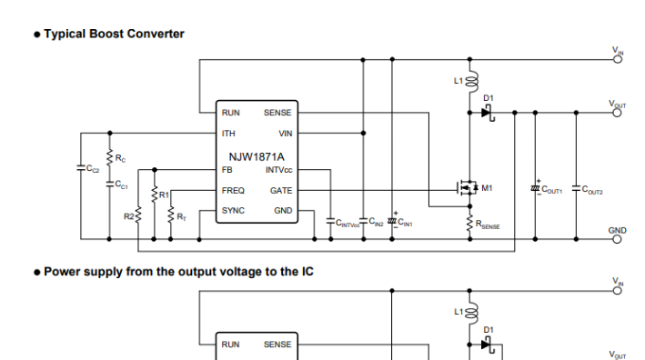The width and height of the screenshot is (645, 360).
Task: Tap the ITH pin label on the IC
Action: [x=229, y=134]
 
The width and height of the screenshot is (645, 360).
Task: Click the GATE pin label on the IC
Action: [x=281, y=191]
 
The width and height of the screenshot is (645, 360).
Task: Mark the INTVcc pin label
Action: [x=278, y=170]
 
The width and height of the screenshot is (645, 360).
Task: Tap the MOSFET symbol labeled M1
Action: [x=469, y=188]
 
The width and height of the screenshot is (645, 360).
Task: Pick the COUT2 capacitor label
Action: [x=592, y=191]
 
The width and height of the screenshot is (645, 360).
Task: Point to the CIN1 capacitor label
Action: [x=405, y=222]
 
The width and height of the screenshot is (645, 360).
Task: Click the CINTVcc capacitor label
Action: [x=348, y=222]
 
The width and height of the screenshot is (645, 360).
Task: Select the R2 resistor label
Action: [x=128, y=216]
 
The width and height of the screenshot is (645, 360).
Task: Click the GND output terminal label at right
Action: [x=618, y=230]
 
